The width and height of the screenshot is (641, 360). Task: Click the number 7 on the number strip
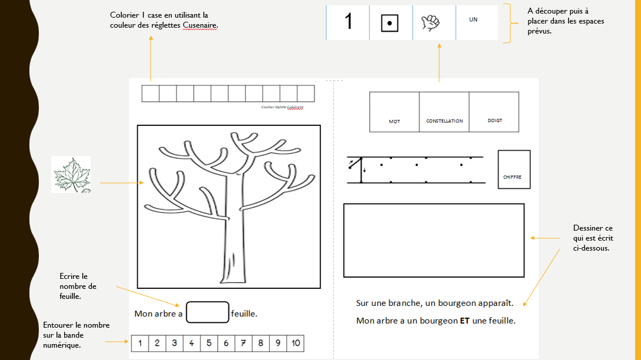coord(243,343)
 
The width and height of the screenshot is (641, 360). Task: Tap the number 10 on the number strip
coord(295,343)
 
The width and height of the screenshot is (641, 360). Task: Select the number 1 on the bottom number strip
coord(140,343)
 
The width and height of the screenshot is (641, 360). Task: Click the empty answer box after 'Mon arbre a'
coord(207,312)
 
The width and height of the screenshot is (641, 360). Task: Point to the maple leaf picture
coord(71,174)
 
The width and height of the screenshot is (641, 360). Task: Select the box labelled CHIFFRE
coord(514,169)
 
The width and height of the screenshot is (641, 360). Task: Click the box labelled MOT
coord(394,112)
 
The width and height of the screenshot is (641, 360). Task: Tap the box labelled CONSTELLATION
coord(444,112)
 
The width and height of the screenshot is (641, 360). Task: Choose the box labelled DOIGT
coord(494,112)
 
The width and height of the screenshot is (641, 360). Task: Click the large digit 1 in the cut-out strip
coord(348,22)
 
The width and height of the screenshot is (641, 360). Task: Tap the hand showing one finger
coord(431,22)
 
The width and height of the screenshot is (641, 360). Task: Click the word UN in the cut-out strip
coord(473,19)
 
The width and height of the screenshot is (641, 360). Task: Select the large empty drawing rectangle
coord(434,240)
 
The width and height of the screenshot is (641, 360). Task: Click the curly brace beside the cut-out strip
coord(507,23)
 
